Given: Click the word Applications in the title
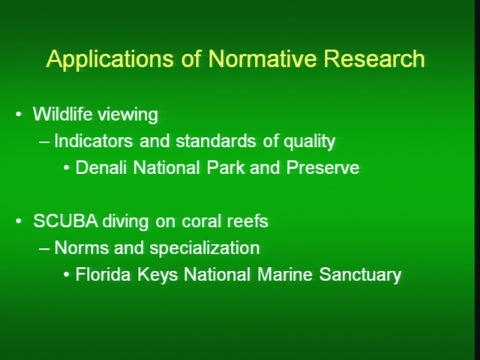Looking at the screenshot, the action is coord(109,59).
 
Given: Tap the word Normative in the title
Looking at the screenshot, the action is coord(262,58).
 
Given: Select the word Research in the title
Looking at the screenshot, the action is coord(374,58).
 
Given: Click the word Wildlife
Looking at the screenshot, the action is coord(62,114).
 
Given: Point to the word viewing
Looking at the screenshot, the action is coord(127,115).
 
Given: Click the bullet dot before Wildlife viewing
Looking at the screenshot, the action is coord(19,115).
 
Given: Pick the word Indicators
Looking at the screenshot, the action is coord(93,141).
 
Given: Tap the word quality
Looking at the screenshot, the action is coord(309,142).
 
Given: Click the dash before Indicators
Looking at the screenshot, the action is coord(44,142).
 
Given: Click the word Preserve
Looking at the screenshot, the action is coord(322,167).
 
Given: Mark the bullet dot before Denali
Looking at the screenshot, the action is coord(66,168).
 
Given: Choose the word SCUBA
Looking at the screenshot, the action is coord(65,220).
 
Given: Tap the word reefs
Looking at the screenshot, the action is coord(247,220).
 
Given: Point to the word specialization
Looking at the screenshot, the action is coord(205,248).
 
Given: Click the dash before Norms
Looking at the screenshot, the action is coord(44,248).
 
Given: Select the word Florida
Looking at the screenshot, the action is coord(103,274).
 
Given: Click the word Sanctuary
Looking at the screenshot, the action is coord(360,275).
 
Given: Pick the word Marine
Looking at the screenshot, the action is coord(285,274).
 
